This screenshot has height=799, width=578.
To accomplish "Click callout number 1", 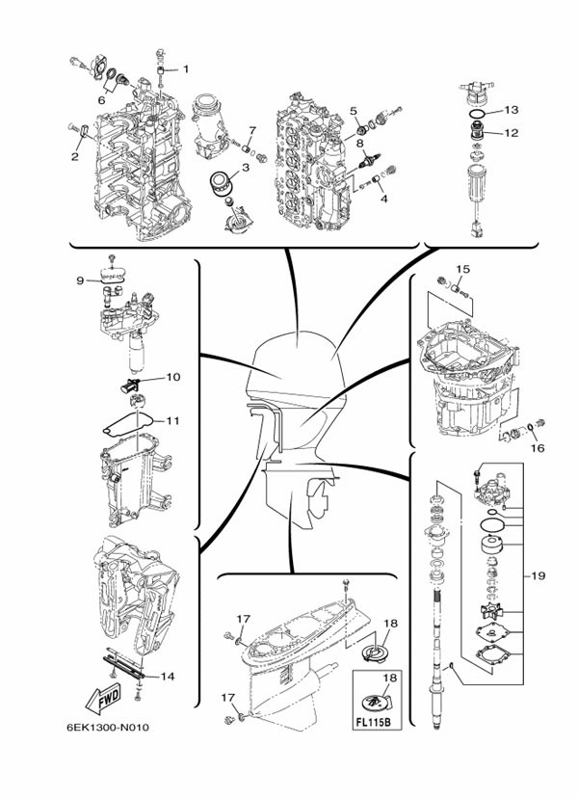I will click(x=186, y=68).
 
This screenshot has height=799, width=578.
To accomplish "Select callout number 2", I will click(x=74, y=154).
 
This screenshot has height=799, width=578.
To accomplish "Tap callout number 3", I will click(x=246, y=167).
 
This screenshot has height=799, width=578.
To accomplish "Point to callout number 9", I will click(x=81, y=280).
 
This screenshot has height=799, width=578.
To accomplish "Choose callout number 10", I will click(x=173, y=377).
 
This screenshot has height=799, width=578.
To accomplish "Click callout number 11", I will click(x=173, y=420).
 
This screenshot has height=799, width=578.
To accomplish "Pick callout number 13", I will click(x=511, y=110).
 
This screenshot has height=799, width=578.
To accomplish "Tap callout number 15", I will click(x=462, y=269).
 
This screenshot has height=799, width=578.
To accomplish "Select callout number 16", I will click(x=537, y=448).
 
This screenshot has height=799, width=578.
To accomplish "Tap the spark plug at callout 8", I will click(x=366, y=163).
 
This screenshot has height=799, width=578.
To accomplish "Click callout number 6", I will click(x=101, y=97).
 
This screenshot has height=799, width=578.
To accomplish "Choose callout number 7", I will click(x=251, y=130).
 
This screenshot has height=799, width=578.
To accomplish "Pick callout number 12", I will click(x=511, y=133).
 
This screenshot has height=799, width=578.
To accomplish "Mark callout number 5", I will click(x=354, y=111).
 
